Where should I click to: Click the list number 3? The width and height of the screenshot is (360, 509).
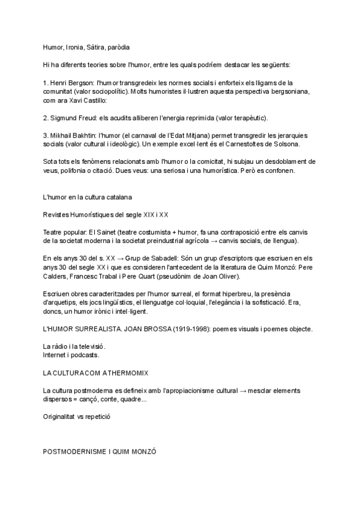pos(45,136)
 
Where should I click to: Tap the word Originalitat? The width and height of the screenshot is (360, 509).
pos(60,416)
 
